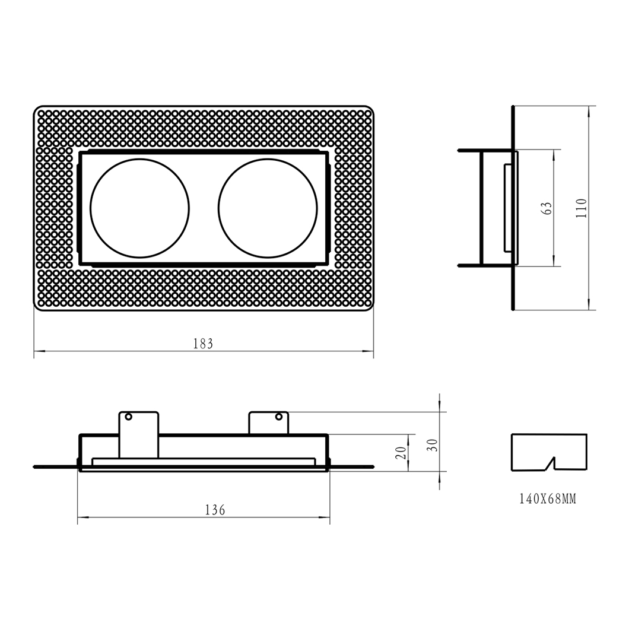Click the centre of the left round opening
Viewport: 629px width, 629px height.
coord(139,208)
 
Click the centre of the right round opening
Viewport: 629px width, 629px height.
coord(268,208)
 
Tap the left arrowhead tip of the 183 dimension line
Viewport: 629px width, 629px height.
coord(34,351)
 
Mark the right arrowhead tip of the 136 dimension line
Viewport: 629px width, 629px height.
coord(330,517)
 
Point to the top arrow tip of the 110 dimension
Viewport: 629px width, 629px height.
coord(589,106)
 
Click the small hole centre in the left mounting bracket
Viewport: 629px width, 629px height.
coord(128,417)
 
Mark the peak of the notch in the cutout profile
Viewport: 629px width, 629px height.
coord(554,457)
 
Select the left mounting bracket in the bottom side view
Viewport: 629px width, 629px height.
coord(139,434)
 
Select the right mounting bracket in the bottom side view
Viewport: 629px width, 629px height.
coord(268,423)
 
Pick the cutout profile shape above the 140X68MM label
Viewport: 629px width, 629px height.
coord(549,452)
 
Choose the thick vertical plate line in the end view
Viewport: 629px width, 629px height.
coord(513,208)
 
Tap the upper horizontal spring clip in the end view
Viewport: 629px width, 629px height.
coord(485,151)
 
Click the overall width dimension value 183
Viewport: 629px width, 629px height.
coord(203,344)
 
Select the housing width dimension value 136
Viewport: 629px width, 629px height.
coord(215,510)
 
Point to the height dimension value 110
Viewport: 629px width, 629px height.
coord(582,208)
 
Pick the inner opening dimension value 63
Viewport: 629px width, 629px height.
coord(547,208)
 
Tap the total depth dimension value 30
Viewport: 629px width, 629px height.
coord(433,445)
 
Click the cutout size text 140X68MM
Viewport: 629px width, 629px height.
coord(548,499)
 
